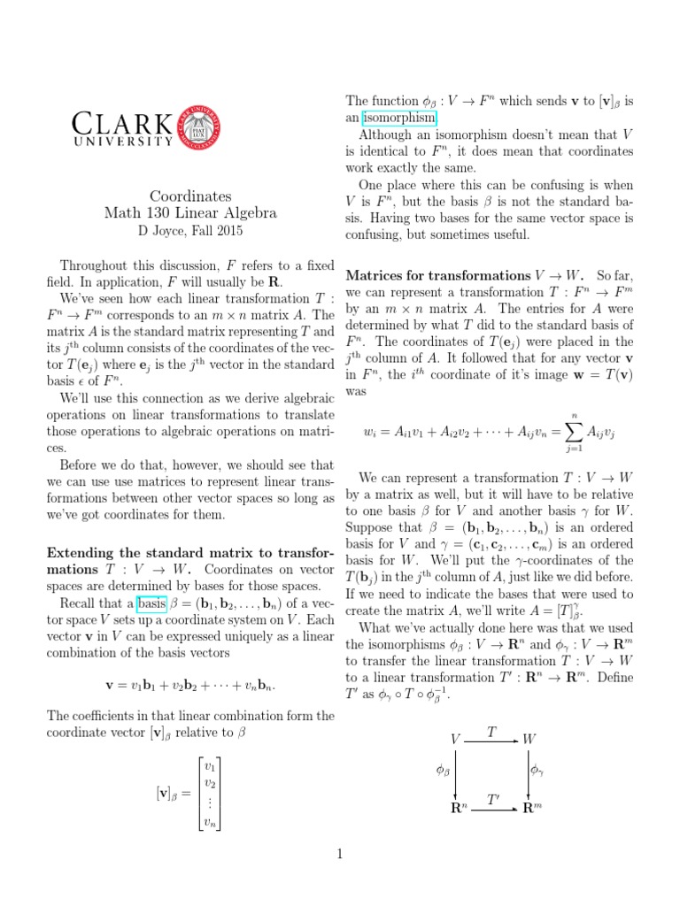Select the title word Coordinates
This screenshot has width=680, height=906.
(190, 196)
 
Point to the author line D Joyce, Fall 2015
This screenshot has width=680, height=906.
(190, 231)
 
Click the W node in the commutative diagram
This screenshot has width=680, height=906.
(529, 738)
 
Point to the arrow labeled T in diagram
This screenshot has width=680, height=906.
(492, 737)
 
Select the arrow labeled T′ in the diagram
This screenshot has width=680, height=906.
(492, 807)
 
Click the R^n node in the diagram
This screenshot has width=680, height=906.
(457, 807)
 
